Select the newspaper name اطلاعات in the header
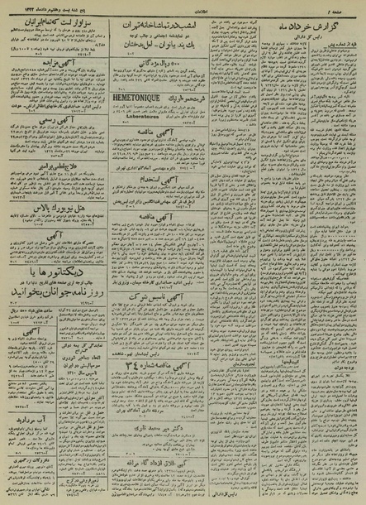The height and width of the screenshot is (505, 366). pos(183,6)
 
